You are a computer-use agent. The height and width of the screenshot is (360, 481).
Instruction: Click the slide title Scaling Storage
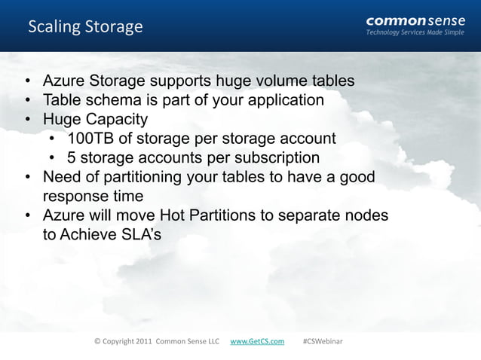pos(85,27)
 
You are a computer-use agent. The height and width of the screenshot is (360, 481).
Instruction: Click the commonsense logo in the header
pos(415,20)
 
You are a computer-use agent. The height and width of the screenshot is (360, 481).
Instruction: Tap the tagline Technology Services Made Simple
pos(415,33)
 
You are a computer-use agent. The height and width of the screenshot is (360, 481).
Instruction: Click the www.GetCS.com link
pos(257,341)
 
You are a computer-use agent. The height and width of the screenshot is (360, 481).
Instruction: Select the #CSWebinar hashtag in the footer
pos(322,341)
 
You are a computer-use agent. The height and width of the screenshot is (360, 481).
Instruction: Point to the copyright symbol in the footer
pos(97,341)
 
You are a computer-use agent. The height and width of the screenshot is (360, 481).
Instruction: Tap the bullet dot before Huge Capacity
pos(27,120)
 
